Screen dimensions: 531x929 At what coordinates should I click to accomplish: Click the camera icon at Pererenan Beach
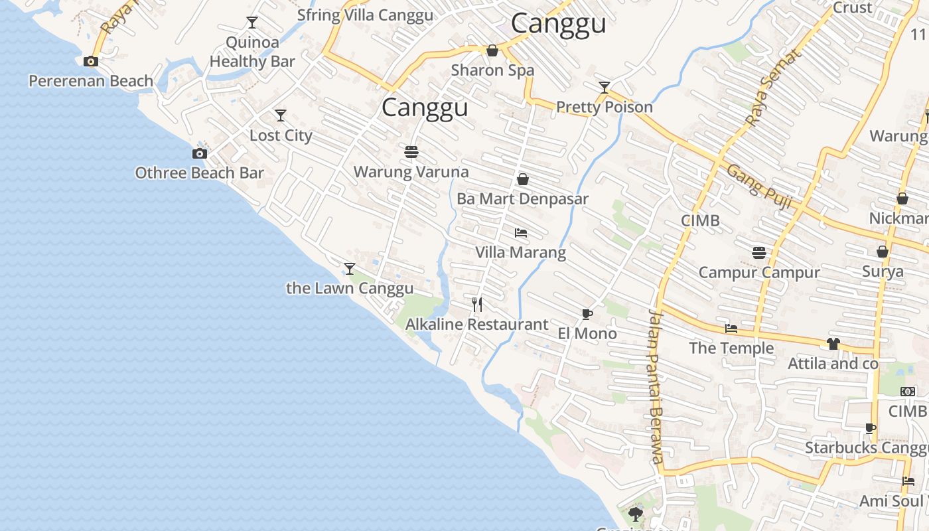(91, 62)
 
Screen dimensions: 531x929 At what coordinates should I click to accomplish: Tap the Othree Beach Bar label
(199, 173)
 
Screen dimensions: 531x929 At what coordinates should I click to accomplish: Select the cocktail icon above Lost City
(281, 115)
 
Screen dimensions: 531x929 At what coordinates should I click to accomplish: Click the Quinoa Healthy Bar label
(252, 52)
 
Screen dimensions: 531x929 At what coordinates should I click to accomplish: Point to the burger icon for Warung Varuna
(411, 152)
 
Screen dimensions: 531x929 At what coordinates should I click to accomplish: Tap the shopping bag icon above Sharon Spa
(492, 50)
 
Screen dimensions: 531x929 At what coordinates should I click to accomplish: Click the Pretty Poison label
(604, 107)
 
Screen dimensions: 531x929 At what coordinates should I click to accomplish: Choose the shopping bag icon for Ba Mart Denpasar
(523, 179)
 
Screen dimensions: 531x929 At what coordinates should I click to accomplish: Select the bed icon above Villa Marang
(521, 233)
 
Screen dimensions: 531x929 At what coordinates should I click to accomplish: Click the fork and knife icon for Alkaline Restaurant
(477, 305)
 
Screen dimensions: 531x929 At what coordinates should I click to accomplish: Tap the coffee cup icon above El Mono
(587, 314)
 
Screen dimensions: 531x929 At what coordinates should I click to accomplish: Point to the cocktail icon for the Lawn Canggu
(350, 268)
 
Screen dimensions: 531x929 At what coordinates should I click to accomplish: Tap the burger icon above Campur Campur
(759, 252)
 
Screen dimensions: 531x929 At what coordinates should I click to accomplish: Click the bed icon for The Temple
(731, 328)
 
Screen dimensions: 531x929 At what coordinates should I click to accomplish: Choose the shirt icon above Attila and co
(833, 343)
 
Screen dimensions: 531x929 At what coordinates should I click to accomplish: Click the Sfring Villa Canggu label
(365, 15)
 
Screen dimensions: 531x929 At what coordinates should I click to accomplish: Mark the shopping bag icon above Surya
(883, 252)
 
